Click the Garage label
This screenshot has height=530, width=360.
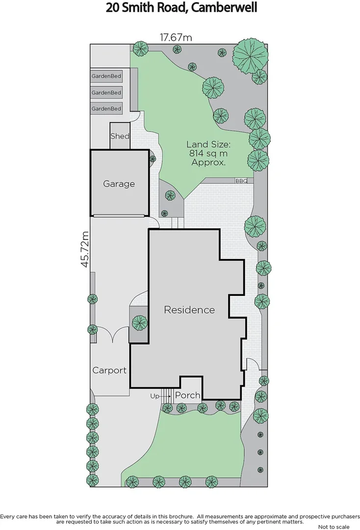pyautogui.click(x=119, y=184)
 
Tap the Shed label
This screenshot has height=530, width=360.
pyautogui.click(x=120, y=136)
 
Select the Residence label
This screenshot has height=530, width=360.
pyautogui.click(x=189, y=310)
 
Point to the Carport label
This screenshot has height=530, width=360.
pyautogui.click(x=109, y=371)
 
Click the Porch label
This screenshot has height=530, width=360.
pyautogui.click(x=187, y=395)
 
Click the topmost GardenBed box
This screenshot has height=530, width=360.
pyautogui.click(x=106, y=77)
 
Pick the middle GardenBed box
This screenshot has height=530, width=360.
pyautogui.click(x=106, y=92)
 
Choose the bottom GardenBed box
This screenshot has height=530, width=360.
pyautogui.click(x=106, y=108)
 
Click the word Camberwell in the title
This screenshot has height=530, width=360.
pyautogui.click(x=218, y=8)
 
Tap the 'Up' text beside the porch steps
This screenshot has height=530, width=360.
pyautogui.click(x=154, y=396)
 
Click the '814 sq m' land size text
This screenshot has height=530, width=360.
pyautogui.click(x=208, y=154)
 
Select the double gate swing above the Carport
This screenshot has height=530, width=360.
pyautogui.click(x=113, y=336)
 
